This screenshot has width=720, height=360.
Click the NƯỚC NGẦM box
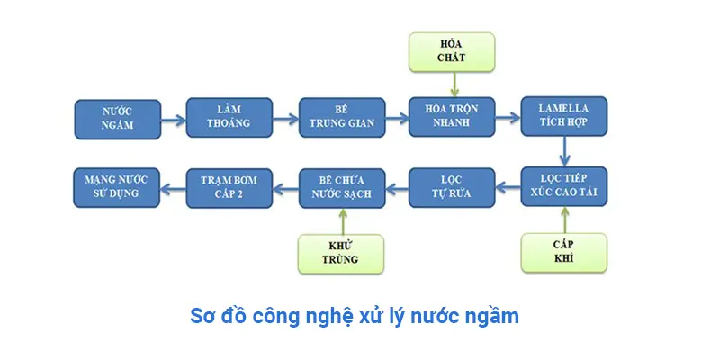tap(117, 118)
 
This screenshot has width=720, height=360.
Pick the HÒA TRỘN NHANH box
tap(453, 117)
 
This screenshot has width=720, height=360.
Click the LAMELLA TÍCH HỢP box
tap(565, 115)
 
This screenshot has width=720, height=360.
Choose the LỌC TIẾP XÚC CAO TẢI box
tap(565, 187)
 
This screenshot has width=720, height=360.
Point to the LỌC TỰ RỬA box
tap(453, 187)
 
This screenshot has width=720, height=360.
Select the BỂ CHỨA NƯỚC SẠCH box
tap(341, 187)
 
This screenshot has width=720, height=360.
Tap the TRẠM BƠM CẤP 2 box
tap(229, 187)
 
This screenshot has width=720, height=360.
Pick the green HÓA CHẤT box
tap(453, 51)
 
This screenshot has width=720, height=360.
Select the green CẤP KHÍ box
tap(564, 253)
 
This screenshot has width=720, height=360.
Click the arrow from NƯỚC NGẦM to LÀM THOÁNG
tap(173, 118)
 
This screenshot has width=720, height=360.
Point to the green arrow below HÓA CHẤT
tap(454, 84)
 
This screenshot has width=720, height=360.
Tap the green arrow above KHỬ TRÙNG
tap(341, 220)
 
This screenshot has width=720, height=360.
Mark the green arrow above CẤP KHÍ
tap(565, 220)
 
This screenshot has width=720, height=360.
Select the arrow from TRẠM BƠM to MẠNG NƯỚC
tap(172, 187)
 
